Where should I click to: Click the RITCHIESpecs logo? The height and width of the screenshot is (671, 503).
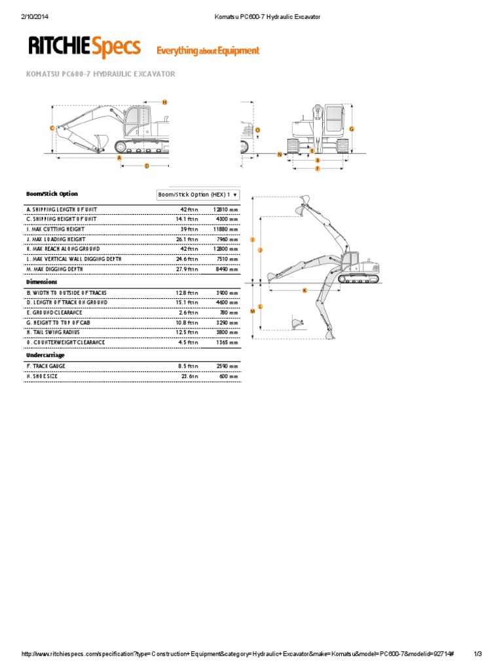[84, 47]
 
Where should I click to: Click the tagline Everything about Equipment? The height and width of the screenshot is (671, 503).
[207, 50]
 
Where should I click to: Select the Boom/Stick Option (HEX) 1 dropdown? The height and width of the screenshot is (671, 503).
[198, 195]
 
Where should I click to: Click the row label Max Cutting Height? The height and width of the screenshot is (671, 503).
[55, 229]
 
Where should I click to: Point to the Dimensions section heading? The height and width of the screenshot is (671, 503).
[41, 282]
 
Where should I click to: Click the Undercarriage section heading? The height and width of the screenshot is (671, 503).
[45, 355]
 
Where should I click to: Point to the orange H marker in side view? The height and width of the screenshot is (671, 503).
[164, 102]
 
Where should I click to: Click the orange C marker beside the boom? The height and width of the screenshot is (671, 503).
[52, 128]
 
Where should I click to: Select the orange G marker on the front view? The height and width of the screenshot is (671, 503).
[352, 129]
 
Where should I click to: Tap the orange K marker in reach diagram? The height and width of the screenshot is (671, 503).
[305, 290]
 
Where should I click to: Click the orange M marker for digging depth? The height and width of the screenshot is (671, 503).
[253, 311]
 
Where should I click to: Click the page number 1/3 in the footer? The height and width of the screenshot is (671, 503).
[477, 653]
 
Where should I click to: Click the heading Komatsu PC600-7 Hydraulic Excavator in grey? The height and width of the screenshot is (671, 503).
[100, 74]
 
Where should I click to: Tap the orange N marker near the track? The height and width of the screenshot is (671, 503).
[280, 154]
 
